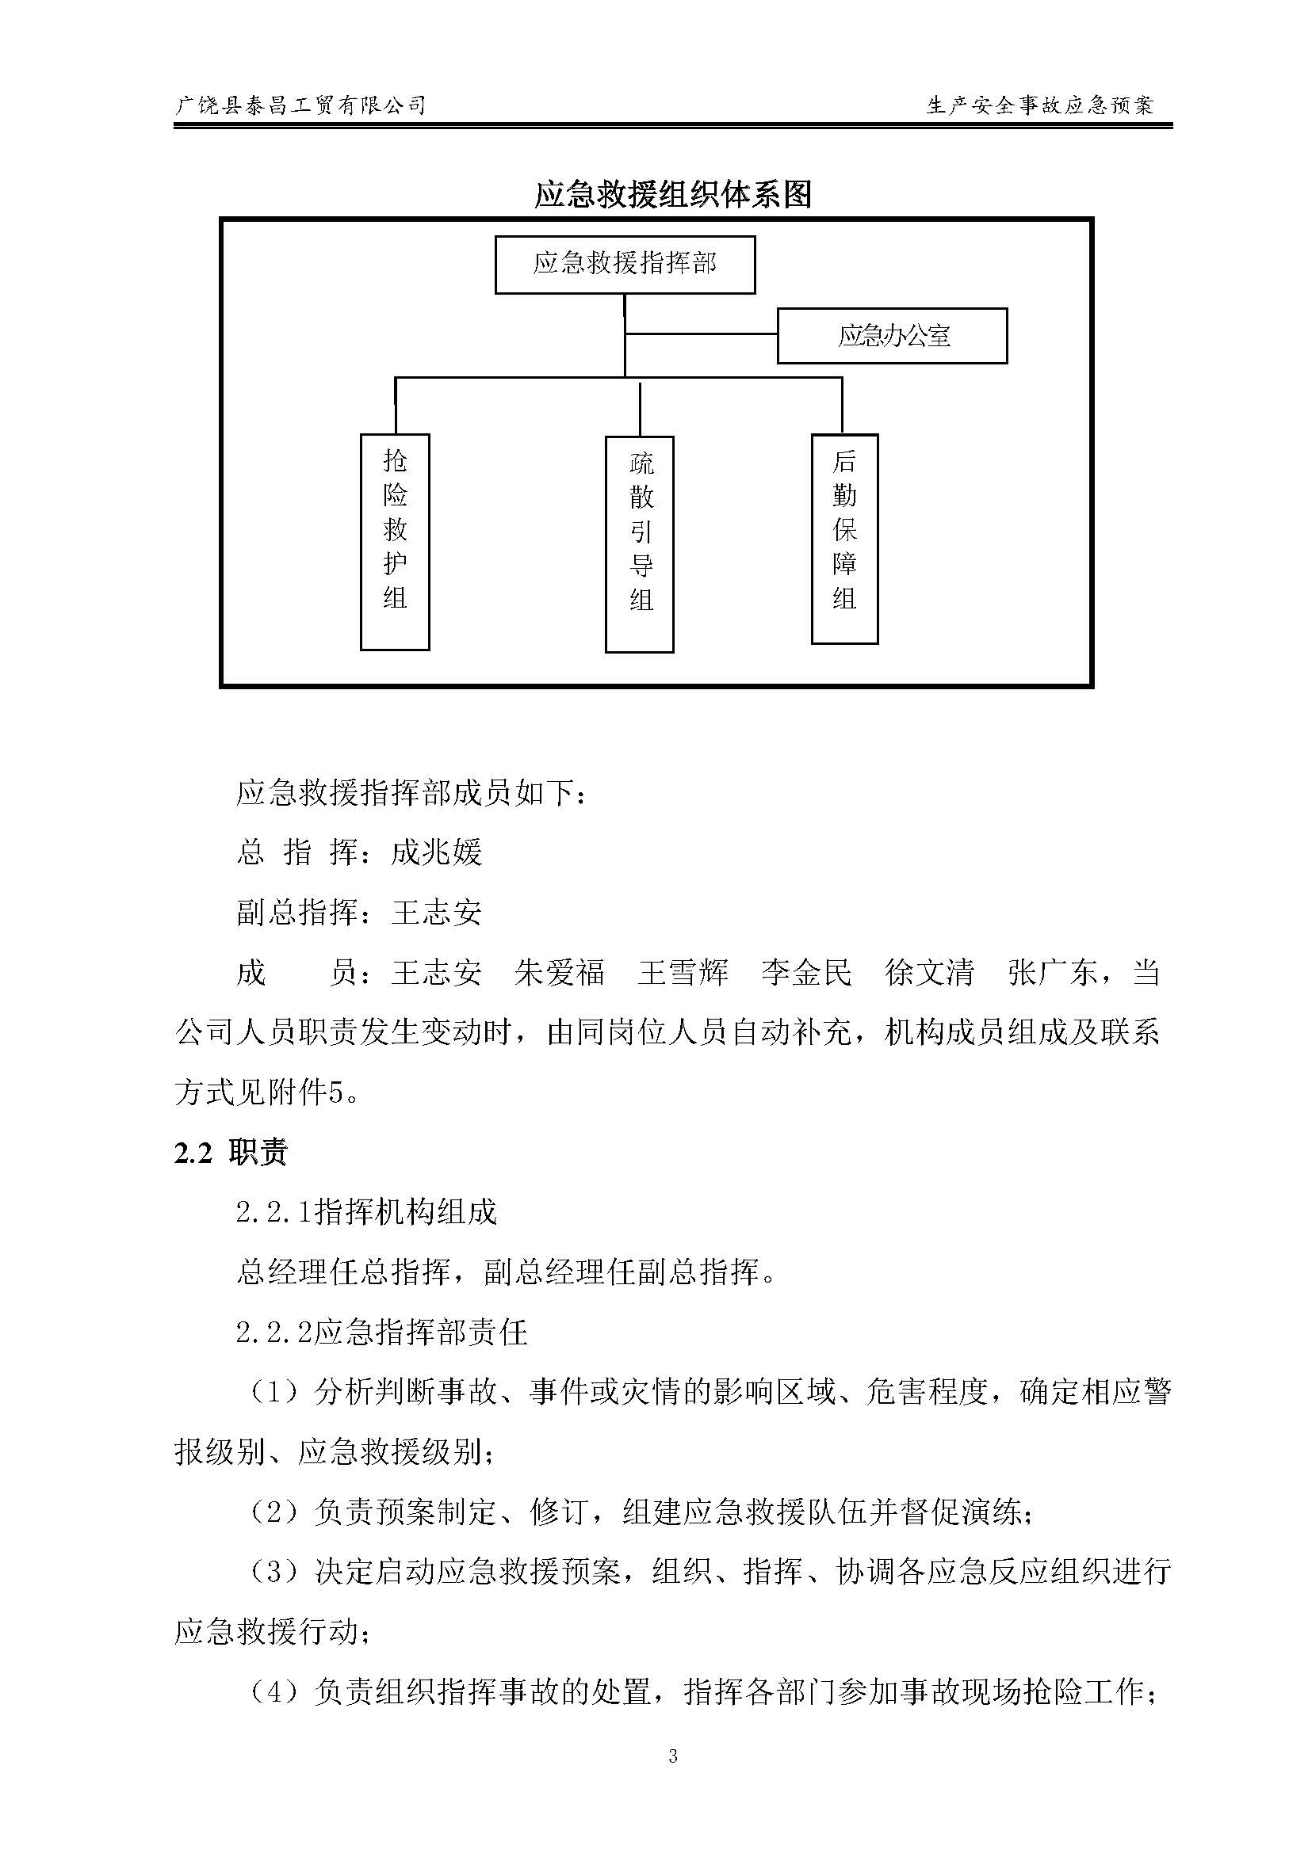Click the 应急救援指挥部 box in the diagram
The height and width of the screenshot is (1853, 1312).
point(625,264)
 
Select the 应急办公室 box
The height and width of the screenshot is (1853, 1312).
point(892,336)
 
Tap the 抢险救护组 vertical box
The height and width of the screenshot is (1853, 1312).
point(394,542)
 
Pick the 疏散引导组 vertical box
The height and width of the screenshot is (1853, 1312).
point(640,544)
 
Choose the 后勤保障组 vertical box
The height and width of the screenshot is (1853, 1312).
point(844,540)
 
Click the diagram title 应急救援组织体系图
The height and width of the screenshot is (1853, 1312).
point(672,196)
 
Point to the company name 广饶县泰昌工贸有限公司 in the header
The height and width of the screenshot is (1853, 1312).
point(300,105)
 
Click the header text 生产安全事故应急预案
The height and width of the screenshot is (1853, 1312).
point(1041,105)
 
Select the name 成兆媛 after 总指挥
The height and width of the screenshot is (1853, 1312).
point(436,853)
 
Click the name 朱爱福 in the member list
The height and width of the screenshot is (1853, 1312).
point(559,973)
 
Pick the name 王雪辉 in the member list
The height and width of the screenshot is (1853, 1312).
point(683,973)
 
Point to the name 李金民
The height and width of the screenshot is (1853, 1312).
point(806,973)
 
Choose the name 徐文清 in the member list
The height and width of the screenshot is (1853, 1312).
point(929,973)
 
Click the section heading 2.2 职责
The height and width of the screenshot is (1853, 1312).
point(231,1153)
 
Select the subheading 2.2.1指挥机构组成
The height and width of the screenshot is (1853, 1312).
point(366,1213)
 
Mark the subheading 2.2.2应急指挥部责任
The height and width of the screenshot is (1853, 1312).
point(381,1333)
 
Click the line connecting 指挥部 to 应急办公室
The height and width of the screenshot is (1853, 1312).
point(702,333)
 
